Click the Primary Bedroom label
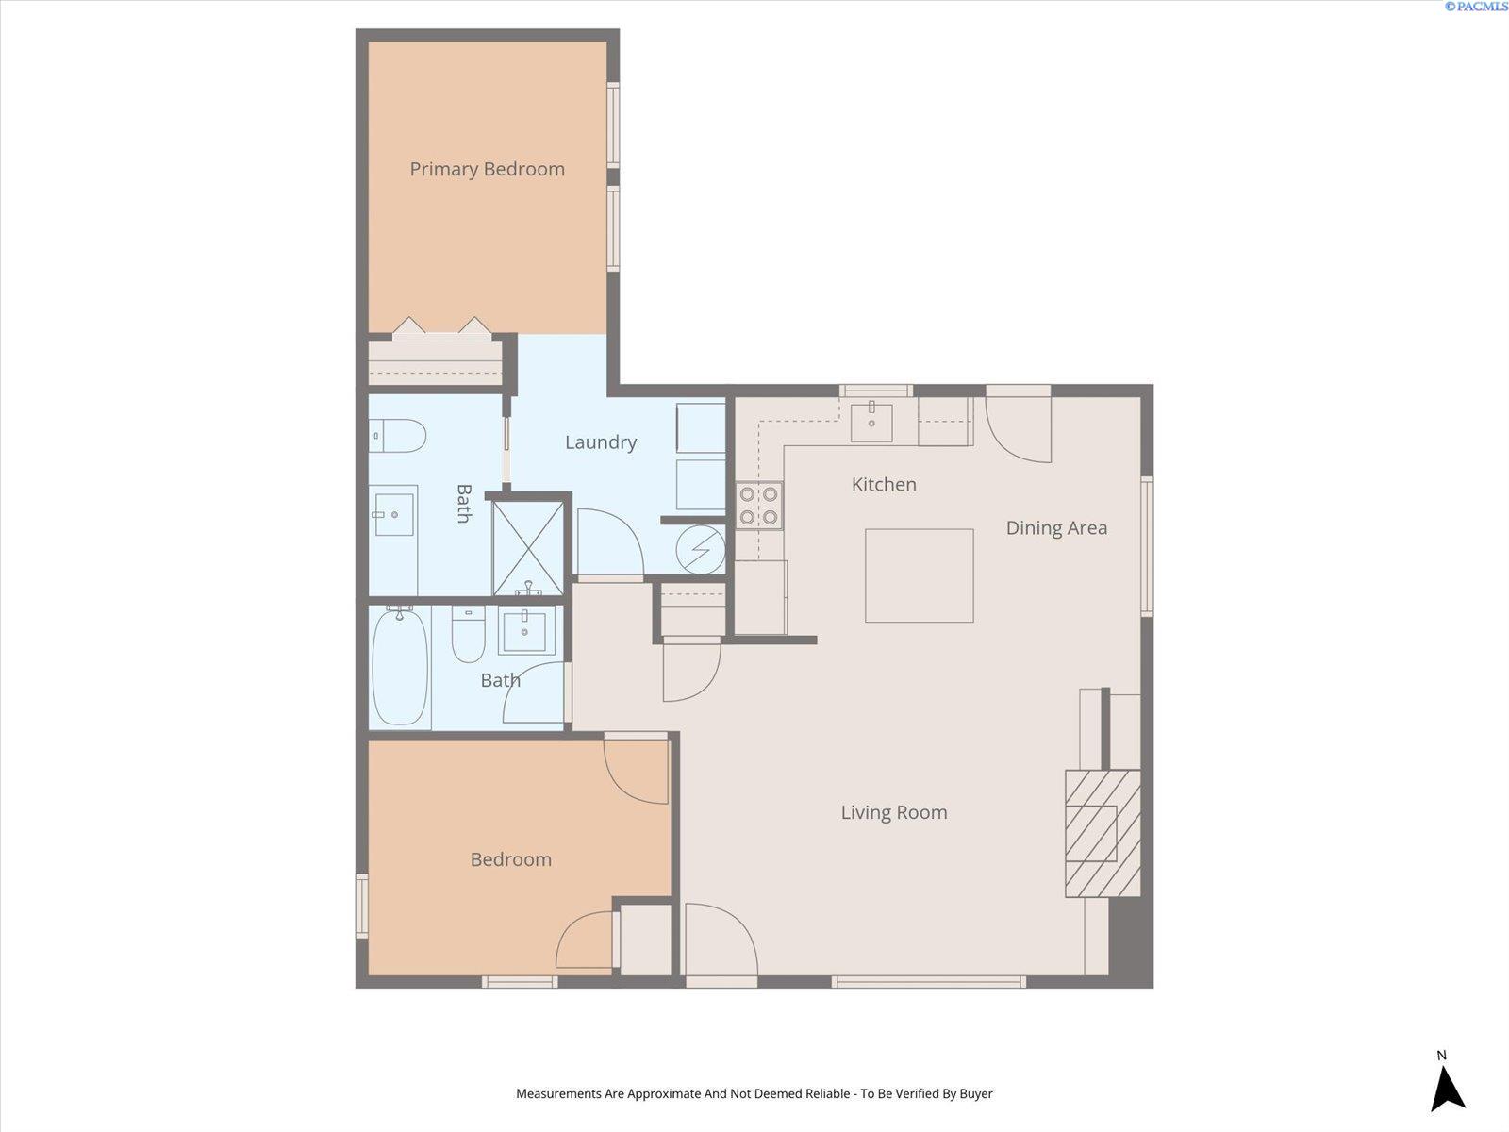[x=487, y=169]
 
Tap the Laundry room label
[x=601, y=442]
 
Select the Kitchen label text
[x=884, y=485]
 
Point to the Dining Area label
[x=1056, y=528]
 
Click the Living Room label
[x=894, y=812]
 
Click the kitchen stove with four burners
[x=759, y=506]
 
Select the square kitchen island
[x=920, y=575]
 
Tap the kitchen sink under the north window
[x=871, y=422]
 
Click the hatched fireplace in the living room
[x=1103, y=833]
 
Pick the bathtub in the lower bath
[x=400, y=666]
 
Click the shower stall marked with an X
[x=529, y=548]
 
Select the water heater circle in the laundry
[x=701, y=550]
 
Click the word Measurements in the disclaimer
[x=559, y=1093]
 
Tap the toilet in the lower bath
[x=468, y=634]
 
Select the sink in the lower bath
[x=525, y=630]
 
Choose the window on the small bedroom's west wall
[x=361, y=906]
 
